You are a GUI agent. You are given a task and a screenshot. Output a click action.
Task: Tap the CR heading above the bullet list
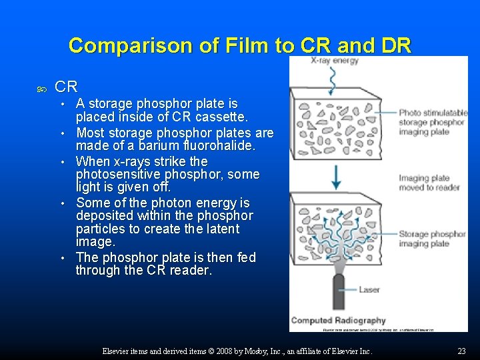(66, 87)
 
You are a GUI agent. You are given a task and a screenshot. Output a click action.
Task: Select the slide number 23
(461, 351)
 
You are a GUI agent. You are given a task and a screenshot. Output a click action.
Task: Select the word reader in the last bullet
(190, 270)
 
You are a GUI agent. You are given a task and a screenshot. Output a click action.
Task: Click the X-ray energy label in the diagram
(335, 61)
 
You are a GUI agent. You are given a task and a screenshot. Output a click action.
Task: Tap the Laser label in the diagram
(369, 289)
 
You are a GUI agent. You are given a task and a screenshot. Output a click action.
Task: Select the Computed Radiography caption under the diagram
(339, 321)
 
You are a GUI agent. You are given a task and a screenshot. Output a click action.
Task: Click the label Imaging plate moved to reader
(426, 183)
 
